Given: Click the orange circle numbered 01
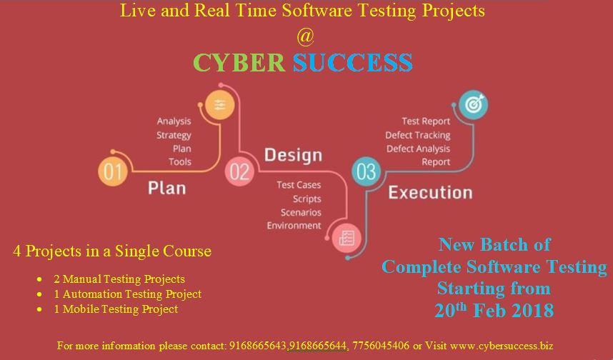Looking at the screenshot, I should point(114,171).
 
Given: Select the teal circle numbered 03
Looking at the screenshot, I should point(367,171).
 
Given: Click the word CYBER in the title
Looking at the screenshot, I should point(239,62).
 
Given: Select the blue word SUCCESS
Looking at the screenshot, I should point(353,62).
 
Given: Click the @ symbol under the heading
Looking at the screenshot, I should point(305,35).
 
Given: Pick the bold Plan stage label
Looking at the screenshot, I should point(166,188).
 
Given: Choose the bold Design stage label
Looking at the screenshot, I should point(293,155).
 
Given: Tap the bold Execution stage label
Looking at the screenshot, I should point(429,192).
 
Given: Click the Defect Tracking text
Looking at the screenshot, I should point(417,135).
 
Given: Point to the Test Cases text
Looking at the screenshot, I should point(299,185).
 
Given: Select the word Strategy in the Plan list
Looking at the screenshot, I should point(174,135).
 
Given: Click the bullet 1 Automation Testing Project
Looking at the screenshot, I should point(128,294).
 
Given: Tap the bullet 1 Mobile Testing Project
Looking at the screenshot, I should point(116,309).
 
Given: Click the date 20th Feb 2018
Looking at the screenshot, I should point(494,310).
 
